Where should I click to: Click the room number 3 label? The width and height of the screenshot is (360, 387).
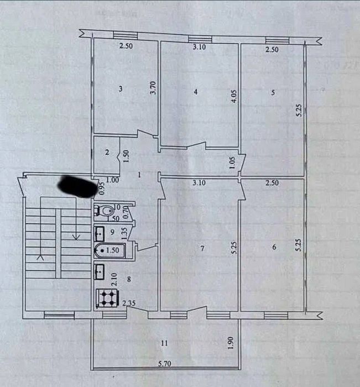point(120,88)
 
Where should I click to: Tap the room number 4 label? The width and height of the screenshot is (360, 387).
point(196,92)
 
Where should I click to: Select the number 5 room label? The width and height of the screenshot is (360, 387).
point(273,92)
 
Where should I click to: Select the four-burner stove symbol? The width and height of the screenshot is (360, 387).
point(106,299)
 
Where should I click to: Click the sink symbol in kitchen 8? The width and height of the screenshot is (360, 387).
point(101,271)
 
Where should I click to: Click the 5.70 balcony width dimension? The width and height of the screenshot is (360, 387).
point(163,365)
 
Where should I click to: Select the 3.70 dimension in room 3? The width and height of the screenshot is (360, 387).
point(154,89)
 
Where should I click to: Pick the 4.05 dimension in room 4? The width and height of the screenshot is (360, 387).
point(234,97)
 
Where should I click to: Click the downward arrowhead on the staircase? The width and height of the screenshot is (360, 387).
point(76,237)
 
